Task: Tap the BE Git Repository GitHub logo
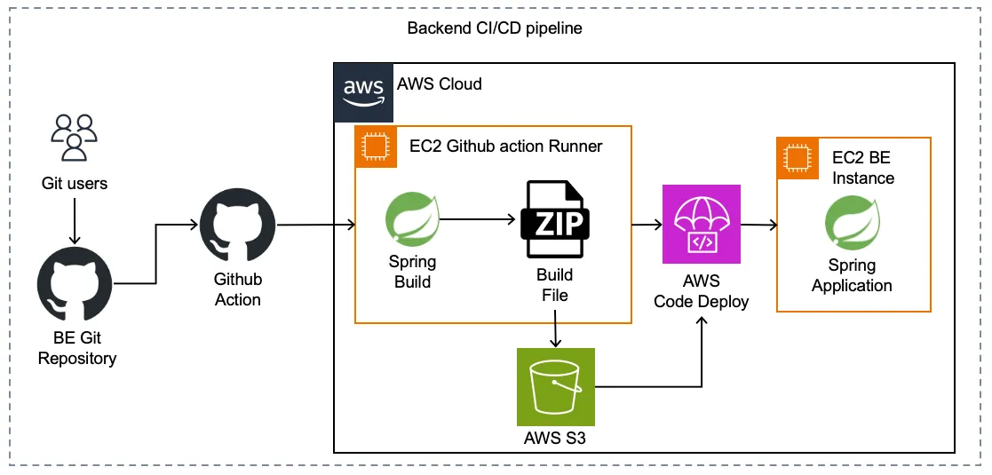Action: [75, 286]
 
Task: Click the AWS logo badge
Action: [362, 91]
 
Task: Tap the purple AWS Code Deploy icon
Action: [702, 225]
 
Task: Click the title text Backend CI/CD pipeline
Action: [495, 28]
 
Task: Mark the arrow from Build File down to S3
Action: [555, 330]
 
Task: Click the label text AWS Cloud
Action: [440, 84]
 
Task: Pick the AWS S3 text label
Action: [555, 438]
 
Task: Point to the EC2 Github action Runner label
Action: [505, 146]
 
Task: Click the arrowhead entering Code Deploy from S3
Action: [702, 321]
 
